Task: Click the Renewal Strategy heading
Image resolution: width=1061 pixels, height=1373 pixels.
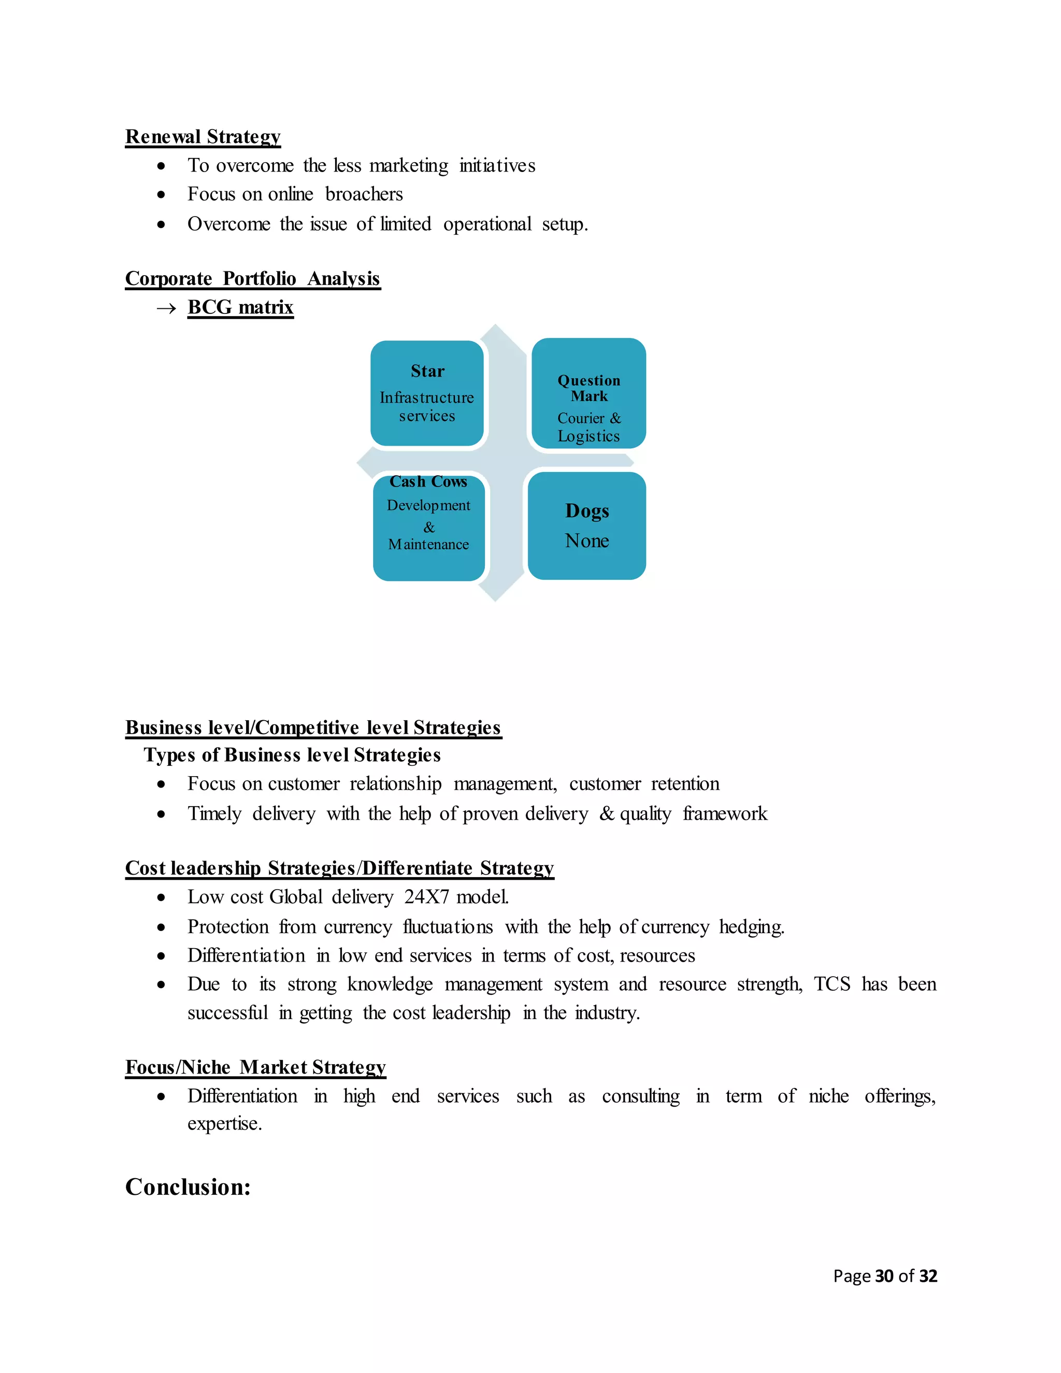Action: [203, 136]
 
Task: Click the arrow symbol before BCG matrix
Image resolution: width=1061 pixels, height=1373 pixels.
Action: [166, 308]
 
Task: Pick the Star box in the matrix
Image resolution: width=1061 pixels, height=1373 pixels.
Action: [427, 393]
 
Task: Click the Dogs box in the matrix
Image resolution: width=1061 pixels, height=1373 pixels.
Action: [586, 525]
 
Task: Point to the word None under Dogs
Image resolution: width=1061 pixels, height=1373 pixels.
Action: [586, 540]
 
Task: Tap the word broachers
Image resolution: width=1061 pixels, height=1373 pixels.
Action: [364, 194]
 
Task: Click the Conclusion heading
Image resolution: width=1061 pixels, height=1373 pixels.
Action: [188, 1187]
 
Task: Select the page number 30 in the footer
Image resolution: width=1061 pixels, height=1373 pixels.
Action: [884, 1276]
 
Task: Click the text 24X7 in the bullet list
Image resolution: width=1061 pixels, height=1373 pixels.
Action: [426, 896]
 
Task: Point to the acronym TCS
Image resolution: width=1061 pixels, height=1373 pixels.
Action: [831, 984]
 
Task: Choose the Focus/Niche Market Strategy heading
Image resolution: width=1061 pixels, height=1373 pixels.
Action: [255, 1067]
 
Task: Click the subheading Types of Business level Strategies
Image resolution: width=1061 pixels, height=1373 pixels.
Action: [292, 754]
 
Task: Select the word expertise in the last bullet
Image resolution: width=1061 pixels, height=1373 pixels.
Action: [224, 1123]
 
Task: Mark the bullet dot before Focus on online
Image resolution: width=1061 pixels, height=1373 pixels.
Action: [162, 195]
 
